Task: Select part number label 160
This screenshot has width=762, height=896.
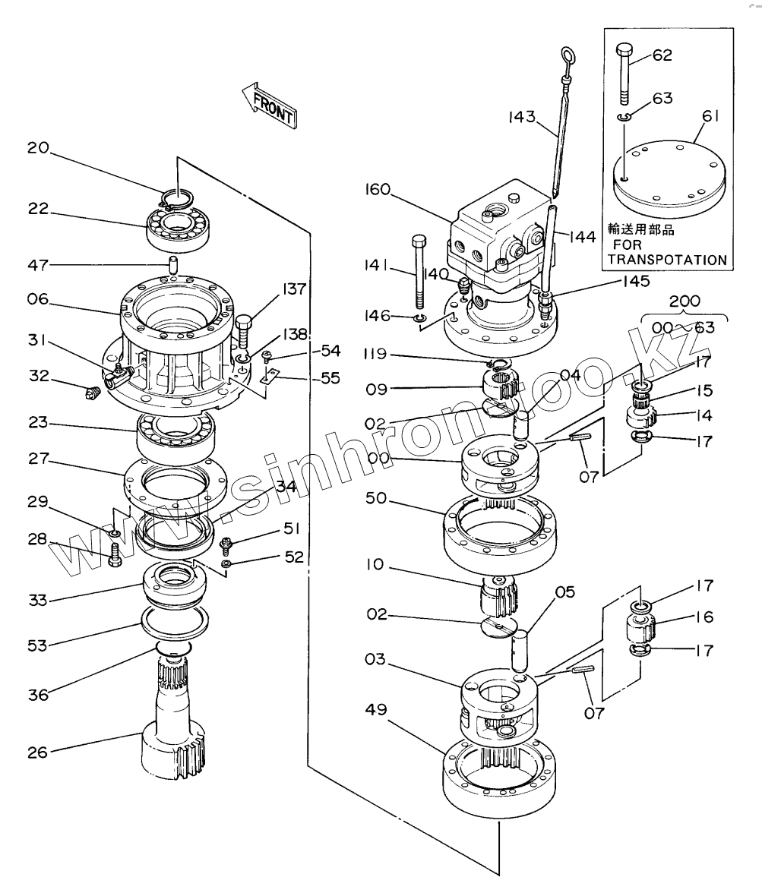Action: [378, 188]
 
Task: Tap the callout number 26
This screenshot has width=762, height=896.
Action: [38, 752]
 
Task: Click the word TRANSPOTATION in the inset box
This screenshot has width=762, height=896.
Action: [667, 260]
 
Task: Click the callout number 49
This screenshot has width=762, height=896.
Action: [376, 709]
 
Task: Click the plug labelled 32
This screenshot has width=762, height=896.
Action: [93, 393]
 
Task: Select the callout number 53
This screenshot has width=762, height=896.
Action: [38, 645]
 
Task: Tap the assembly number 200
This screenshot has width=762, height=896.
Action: [685, 301]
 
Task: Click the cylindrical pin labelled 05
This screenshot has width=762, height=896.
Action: [520, 651]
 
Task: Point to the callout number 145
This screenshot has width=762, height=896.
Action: [636, 281]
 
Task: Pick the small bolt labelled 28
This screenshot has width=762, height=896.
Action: [115, 554]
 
